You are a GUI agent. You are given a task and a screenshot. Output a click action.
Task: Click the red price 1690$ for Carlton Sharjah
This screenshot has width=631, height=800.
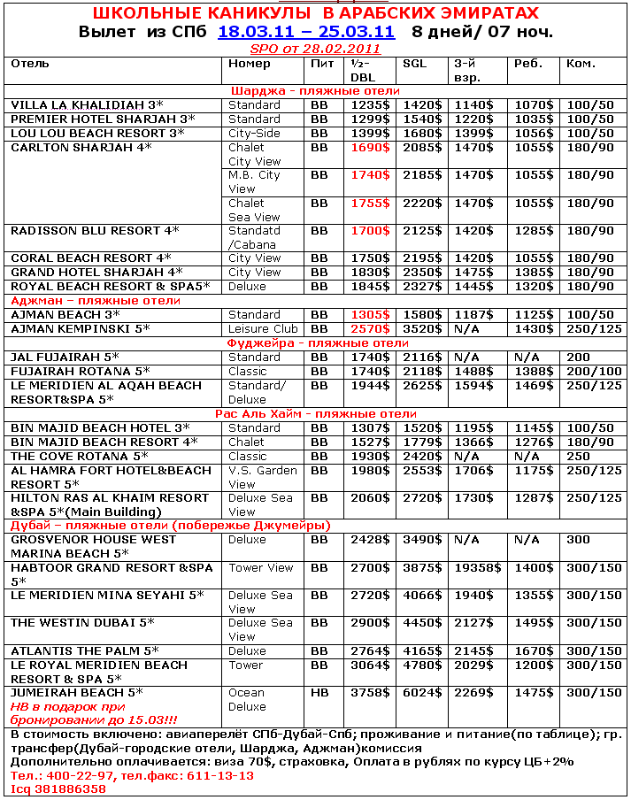click(x=371, y=148)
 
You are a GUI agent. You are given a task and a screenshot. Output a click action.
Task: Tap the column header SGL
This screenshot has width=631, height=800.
click(x=414, y=64)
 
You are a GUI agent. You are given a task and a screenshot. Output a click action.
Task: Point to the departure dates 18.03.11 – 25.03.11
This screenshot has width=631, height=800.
click(x=306, y=32)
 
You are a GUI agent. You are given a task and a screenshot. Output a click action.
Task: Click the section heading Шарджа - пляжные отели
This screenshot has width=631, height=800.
click(x=315, y=91)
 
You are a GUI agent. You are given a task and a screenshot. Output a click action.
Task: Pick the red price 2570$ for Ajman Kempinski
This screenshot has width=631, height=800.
click(x=371, y=329)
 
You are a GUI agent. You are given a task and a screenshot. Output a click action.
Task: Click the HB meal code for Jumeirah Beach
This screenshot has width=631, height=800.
click(x=319, y=693)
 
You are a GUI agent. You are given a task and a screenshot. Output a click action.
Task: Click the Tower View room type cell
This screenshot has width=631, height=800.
click(x=261, y=568)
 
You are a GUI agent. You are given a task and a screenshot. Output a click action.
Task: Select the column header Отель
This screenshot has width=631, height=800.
click(x=30, y=64)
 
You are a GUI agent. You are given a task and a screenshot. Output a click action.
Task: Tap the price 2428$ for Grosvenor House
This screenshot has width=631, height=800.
click(x=371, y=540)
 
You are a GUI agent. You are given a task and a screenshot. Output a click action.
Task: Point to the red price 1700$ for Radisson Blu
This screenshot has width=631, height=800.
click(x=371, y=231)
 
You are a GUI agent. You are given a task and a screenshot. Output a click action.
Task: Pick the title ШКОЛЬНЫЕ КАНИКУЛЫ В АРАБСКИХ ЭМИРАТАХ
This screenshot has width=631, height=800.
click(x=315, y=14)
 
